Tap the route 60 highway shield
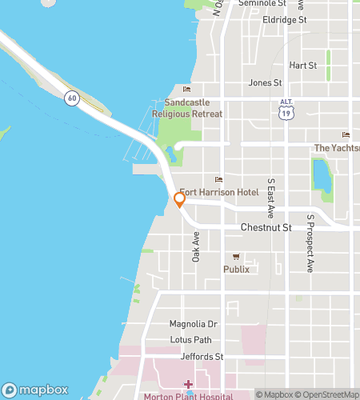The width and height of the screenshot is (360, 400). point(73,98)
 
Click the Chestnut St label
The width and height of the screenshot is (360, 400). point(267,228)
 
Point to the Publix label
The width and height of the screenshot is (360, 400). point(236,269)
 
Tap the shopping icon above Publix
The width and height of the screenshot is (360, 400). point(236,256)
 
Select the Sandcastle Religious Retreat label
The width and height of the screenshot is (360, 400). point(193,108)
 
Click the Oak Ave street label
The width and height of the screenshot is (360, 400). point(196,247)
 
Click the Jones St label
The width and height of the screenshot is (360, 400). point(265,82)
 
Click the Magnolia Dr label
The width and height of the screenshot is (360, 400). point(193,324)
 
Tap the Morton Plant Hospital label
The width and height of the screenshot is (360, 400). point(188,396)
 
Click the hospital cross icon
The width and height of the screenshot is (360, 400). point(188,385)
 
